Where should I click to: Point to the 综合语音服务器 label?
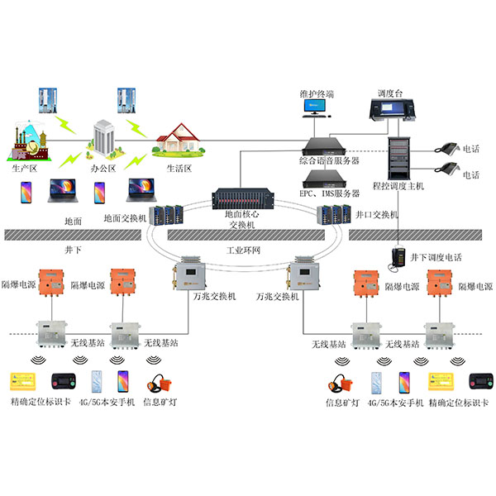coord(328,160)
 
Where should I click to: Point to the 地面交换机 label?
coord(125,218)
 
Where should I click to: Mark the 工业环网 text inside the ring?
coord(245,248)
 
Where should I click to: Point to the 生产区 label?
coord(26,167)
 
